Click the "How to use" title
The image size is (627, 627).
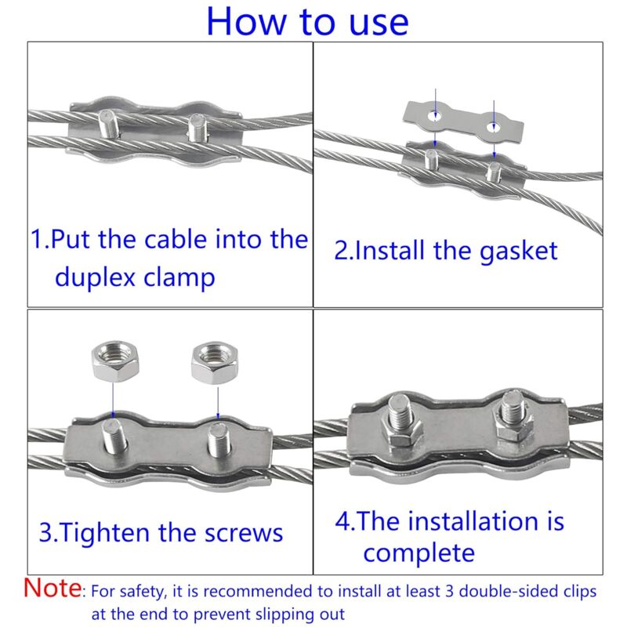point(307,22)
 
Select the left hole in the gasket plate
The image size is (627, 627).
point(435,118)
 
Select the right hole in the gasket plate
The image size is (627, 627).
point(493,124)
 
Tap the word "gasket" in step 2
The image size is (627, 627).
point(510,251)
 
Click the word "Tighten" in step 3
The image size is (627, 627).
point(109,533)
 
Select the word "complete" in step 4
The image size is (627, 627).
point(419,553)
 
